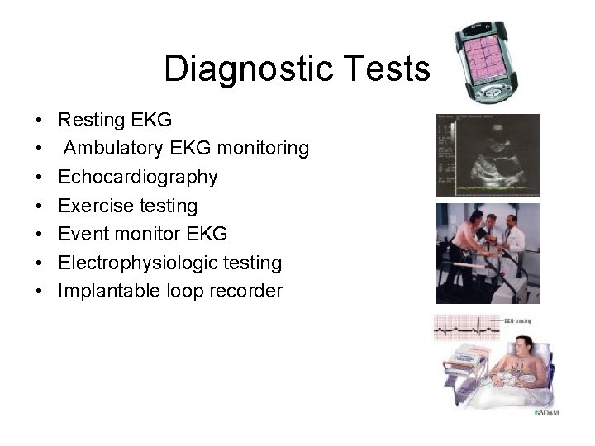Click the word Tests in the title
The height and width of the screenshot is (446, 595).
(393, 69)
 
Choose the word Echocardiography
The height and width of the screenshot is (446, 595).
(138, 177)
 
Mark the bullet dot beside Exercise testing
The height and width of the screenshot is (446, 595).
(40, 206)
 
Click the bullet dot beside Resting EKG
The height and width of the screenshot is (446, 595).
(40, 121)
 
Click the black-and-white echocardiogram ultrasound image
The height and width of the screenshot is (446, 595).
(488, 156)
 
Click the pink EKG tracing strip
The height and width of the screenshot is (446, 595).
(468, 328)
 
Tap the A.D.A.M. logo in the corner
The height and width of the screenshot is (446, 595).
(546, 411)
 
